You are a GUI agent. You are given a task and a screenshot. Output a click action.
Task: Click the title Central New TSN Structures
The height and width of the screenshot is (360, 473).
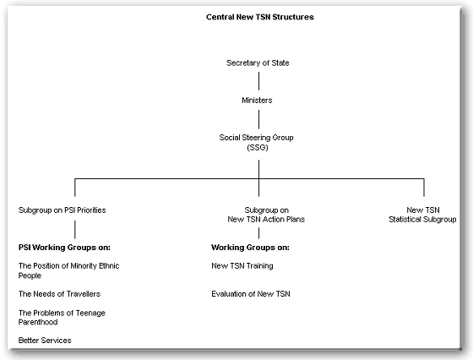pyautogui.click(x=258, y=16)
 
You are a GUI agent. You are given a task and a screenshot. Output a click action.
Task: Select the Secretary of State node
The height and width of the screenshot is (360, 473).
pyautogui.click(x=258, y=63)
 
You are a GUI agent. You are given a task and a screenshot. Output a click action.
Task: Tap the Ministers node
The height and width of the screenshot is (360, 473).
pyautogui.click(x=258, y=100)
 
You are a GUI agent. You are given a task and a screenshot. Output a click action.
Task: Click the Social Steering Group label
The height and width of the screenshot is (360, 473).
pyautogui.click(x=258, y=136)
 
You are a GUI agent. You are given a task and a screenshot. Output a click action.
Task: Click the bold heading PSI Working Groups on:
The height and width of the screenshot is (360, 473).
pyautogui.click(x=64, y=248)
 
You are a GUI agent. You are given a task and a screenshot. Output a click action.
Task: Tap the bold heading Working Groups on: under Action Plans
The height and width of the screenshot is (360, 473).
pyautogui.click(x=249, y=248)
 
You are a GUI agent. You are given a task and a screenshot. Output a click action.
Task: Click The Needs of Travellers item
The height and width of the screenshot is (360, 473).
pyautogui.click(x=59, y=293)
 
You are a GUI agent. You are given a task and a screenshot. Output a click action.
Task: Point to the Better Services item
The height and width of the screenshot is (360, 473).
pyautogui.click(x=45, y=340)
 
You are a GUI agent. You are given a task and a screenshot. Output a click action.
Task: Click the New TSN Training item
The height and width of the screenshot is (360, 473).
pyautogui.click(x=242, y=265)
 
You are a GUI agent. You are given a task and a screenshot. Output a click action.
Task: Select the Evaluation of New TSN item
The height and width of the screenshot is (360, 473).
pyautogui.click(x=248, y=293)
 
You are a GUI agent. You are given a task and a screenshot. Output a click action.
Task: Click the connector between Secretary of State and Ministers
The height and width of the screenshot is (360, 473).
pyautogui.click(x=258, y=81)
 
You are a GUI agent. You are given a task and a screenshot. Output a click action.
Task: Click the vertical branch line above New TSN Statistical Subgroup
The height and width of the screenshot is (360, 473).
pyautogui.click(x=424, y=188)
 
